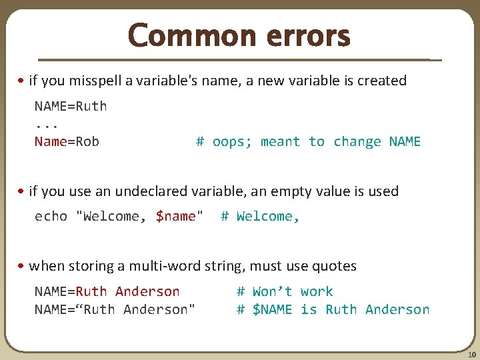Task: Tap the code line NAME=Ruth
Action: click(x=71, y=106)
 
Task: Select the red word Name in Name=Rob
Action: click(x=51, y=141)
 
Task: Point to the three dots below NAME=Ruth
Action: click(x=47, y=123)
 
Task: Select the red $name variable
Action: click(x=176, y=216)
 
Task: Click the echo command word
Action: click(x=51, y=216)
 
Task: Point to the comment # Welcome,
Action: click(x=260, y=216)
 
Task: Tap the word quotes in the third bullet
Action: click(x=335, y=266)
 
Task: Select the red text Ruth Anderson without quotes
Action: click(x=127, y=291)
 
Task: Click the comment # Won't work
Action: click(x=285, y=291)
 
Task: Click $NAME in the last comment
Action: click(x=272, y=309)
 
